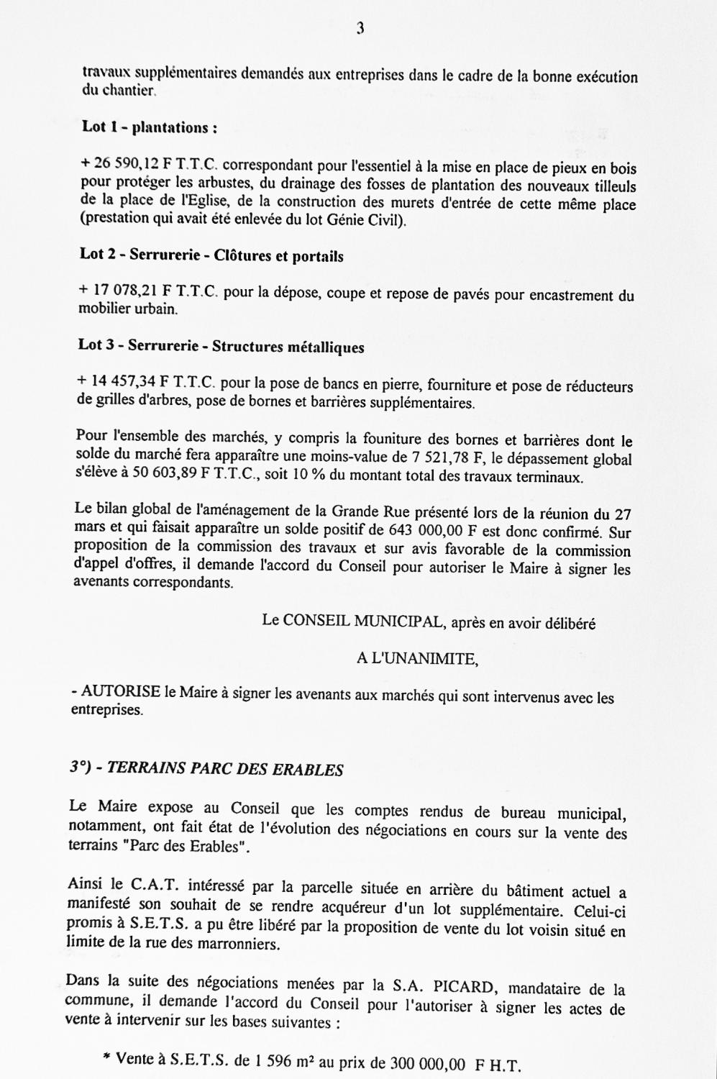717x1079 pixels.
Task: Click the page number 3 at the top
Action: [x=360, y=28]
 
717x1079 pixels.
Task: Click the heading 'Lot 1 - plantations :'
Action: [x=150, y=127]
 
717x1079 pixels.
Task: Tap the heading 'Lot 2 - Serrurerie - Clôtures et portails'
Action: [x=211, y=255]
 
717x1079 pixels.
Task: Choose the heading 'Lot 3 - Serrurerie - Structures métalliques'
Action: [x=221, y=346]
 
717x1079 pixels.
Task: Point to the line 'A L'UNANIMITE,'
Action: [x=417, y=658]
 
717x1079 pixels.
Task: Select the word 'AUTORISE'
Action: [x=121, y=693]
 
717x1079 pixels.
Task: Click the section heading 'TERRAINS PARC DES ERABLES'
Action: [x=225, y=768]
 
